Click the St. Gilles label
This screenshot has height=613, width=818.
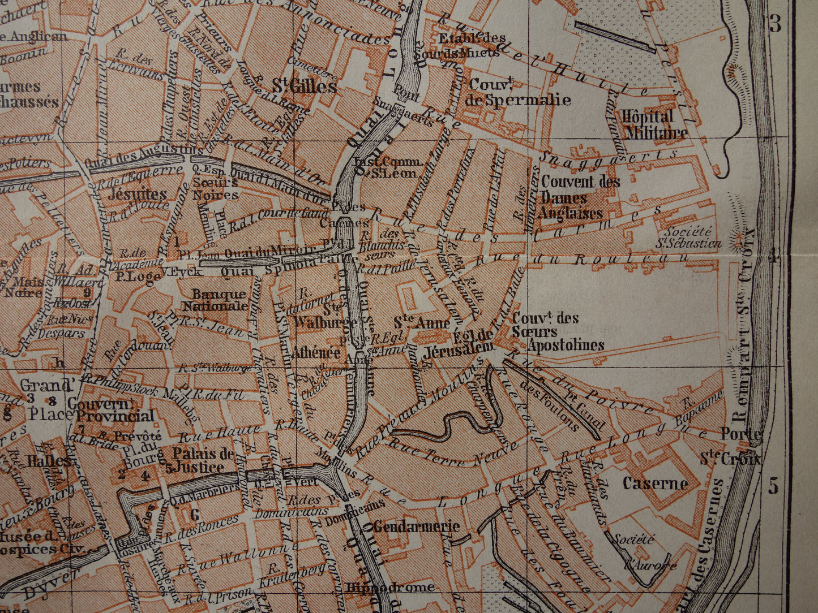coord(304,87)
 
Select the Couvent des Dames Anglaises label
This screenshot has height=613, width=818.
coord(580,197)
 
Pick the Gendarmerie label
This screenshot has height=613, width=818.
coord(416,526)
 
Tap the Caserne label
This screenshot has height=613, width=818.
coord(655,484)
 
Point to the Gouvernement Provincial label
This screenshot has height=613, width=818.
coord(111,410)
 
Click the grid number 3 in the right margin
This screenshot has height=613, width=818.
coord(774,24)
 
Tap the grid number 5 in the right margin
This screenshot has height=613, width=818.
coord(773,485)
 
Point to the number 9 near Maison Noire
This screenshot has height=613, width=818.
coord(86,292)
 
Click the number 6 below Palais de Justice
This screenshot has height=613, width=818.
coord(194,515)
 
